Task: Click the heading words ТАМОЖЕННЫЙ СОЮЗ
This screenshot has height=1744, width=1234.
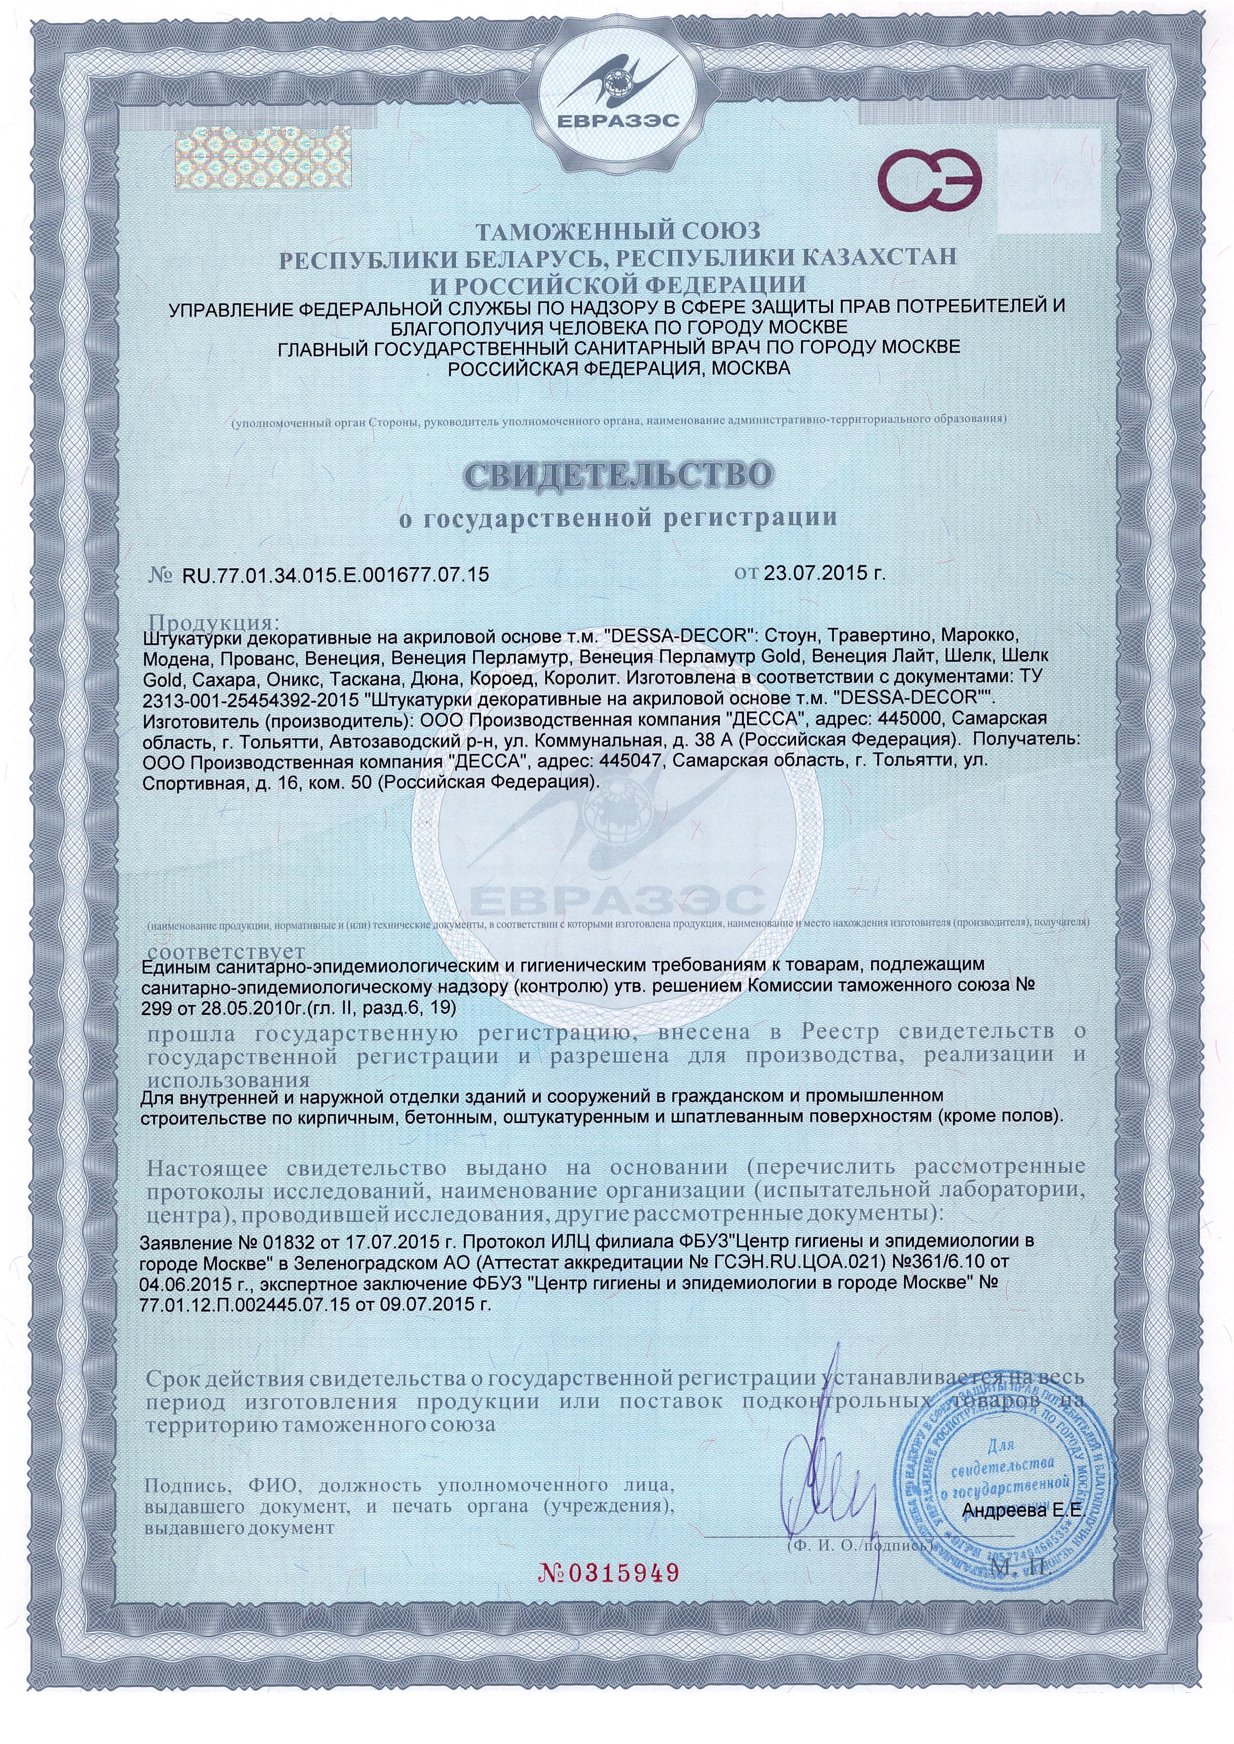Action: [617, 229]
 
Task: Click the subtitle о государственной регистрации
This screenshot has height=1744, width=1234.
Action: [617, 519]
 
